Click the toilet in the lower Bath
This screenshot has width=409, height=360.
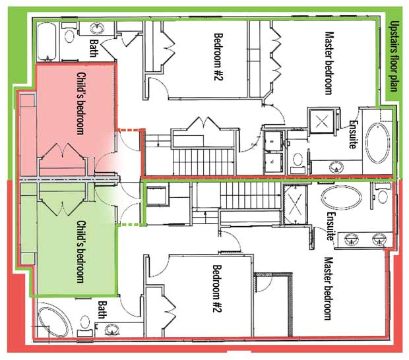85,322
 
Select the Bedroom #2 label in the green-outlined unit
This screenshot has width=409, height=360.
218,57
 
